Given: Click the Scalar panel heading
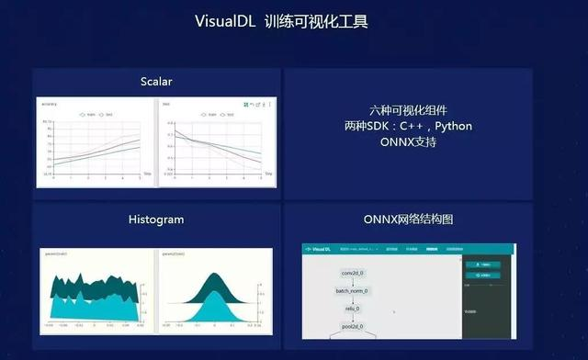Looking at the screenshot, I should tap(156, 82).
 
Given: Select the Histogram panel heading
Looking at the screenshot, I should tap(156, 219).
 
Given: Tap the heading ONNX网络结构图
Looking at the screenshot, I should tap(408, 219).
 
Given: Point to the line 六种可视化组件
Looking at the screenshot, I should tap(407, 108).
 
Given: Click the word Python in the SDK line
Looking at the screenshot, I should tap(453, 125).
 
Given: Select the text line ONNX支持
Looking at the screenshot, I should tap(407, 142).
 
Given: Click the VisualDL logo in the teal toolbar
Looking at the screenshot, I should tap(322, 249).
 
